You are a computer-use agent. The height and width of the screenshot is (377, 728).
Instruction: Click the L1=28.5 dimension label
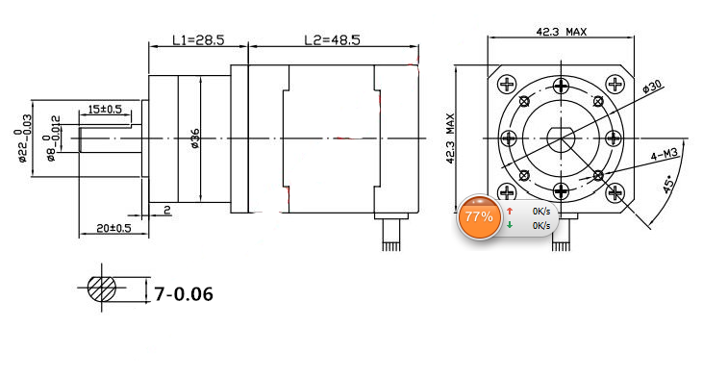coord(198,40)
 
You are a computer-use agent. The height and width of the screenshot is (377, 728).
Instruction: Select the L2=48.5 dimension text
coord(332,40)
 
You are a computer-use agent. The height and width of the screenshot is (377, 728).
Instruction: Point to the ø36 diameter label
coord(194,138)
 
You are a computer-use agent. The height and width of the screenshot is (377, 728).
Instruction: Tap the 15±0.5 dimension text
coord(105,109)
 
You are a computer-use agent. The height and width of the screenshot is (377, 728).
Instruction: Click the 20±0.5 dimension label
coord(113,228)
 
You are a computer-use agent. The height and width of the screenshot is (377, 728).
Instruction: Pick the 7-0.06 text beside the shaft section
coord(184,294)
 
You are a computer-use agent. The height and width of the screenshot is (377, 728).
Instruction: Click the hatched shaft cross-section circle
coord(102,288)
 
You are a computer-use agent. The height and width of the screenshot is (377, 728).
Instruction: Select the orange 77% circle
coord(479,216)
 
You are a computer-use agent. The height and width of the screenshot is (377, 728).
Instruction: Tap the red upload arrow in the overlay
coord(510,212)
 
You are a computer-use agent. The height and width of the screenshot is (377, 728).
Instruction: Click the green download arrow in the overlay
coord(510,225)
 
